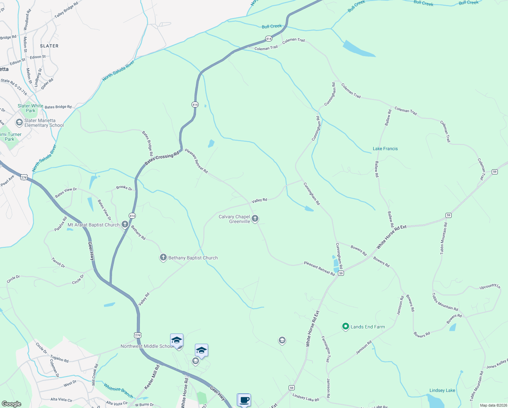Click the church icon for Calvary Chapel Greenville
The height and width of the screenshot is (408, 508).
255,219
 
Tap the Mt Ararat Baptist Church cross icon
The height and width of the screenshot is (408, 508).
125,224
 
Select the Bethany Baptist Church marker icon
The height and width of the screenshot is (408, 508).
163,257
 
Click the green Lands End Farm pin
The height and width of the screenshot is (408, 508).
345,326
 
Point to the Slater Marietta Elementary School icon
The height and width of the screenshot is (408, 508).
19,122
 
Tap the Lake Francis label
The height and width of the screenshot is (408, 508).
385,149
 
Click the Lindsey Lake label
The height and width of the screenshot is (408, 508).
442,390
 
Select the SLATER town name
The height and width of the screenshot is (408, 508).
49,46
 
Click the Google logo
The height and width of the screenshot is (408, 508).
12,404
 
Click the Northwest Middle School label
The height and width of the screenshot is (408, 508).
147,346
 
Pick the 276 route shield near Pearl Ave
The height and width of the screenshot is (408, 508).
24,177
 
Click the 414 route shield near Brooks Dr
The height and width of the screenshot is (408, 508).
132,216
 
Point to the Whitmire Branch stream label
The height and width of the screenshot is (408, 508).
118,391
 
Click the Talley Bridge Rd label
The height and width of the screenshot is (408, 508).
66,10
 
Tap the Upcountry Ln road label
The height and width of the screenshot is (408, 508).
490,287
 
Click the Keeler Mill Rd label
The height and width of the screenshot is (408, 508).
152,377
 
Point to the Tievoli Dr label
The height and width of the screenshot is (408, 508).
58,262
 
